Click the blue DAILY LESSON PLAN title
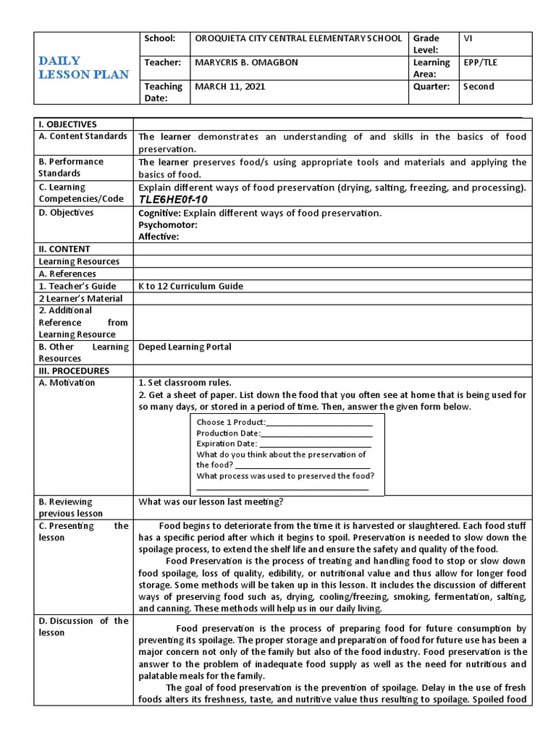83,67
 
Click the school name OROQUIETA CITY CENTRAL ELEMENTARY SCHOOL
299,38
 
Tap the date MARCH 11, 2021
230,86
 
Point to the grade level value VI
468,38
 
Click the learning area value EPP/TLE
481,62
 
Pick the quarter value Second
479,86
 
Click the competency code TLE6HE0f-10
173,199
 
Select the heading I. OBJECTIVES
67,124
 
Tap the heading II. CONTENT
64,249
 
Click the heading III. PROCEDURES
74,370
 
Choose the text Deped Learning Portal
185,347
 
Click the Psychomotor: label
167,224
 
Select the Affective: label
159,236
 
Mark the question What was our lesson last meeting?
211,501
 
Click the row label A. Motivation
67,383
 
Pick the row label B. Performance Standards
71,167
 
